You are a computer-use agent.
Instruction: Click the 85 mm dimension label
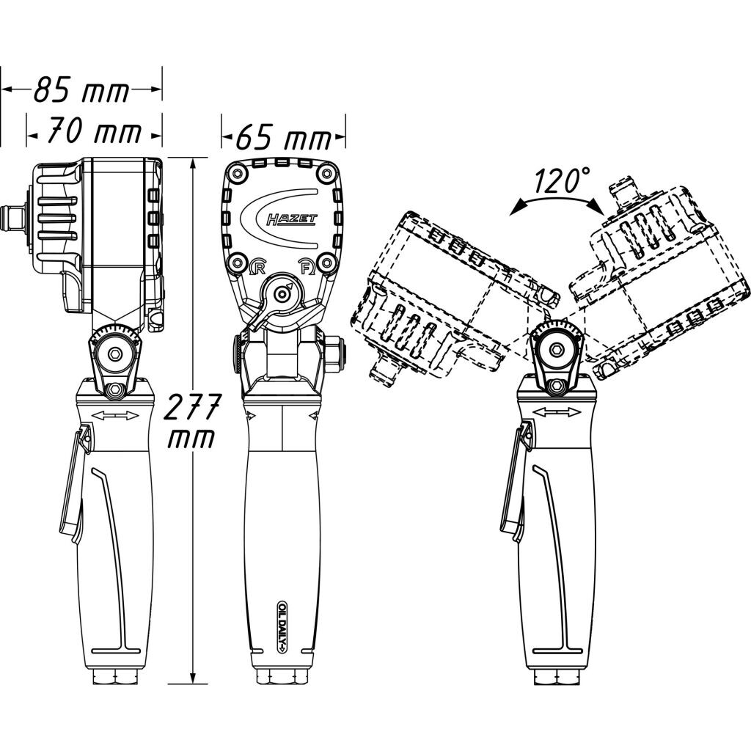(81, 92)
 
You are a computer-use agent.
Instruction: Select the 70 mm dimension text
(95, 133)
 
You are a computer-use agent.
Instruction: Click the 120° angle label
(561, 180)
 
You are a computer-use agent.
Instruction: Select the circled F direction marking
(307, 266)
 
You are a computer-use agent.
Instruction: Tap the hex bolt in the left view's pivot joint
(114, 353)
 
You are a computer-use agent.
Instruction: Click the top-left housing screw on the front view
(237, 174)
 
